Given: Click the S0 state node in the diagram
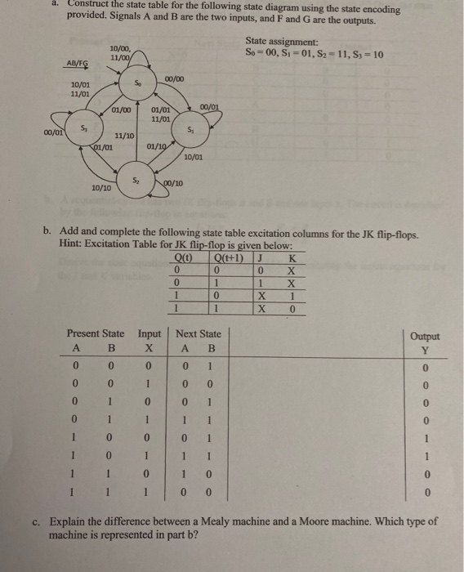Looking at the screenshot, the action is tap(138, 84).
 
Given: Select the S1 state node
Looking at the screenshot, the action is tap(190, 131).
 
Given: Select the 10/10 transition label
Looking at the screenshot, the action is tap(100, 187).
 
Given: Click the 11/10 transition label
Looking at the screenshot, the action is tap(124, 136).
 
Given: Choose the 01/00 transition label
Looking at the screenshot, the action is tap(122, 109).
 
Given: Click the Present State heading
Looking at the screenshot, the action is tap(96, 333).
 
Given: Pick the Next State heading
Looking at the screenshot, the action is tap(199, 333).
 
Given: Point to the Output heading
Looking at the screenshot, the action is tap(425, 337).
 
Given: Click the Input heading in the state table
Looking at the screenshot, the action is tap(149, 333).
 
